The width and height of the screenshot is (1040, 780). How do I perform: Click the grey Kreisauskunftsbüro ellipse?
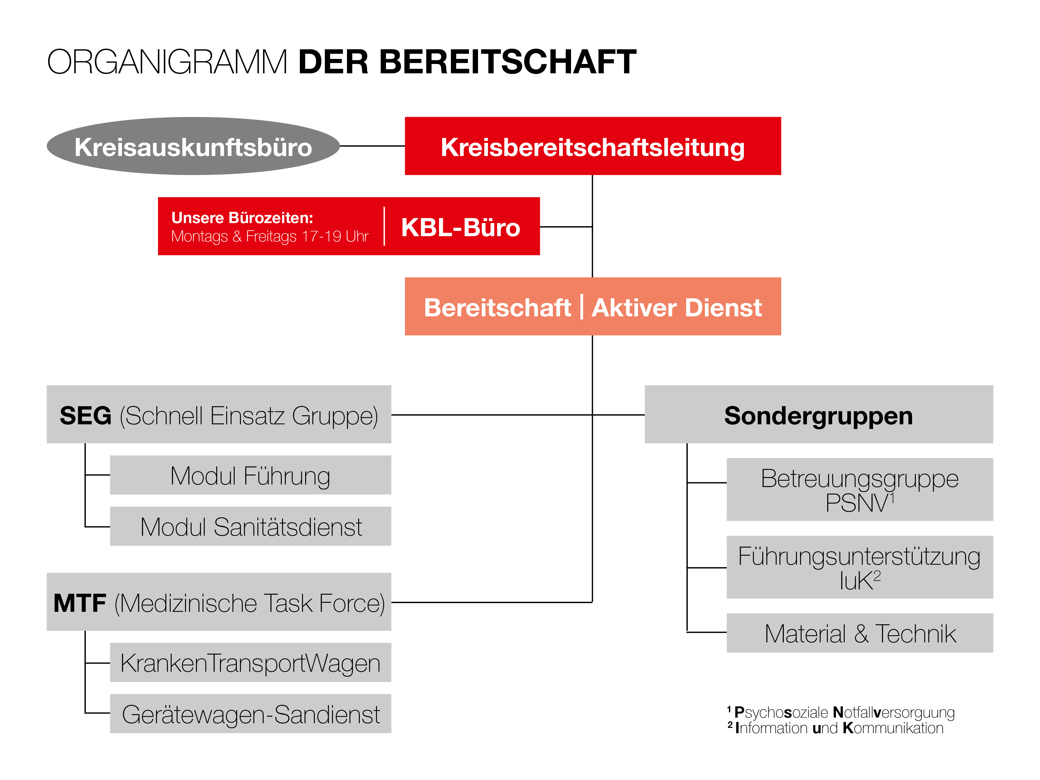click(193, 146)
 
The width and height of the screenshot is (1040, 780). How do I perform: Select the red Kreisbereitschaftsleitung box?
click(593, 146)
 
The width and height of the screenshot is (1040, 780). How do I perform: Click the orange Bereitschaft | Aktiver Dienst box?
click(593, 307)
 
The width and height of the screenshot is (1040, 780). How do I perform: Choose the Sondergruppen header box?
click(818, 414)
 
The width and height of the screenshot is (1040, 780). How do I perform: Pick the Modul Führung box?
click(251, 475)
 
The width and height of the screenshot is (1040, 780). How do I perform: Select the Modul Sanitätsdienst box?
click(251, 526)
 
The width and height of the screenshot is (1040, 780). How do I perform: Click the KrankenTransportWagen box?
click(251, 662)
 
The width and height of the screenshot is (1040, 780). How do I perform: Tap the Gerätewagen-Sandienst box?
click(251, 714)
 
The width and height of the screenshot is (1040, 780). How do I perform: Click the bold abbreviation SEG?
click(85, 416)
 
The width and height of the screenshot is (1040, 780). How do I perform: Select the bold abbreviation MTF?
click(80, 603)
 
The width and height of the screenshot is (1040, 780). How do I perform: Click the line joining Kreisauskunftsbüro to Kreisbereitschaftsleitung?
click(372, 146)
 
